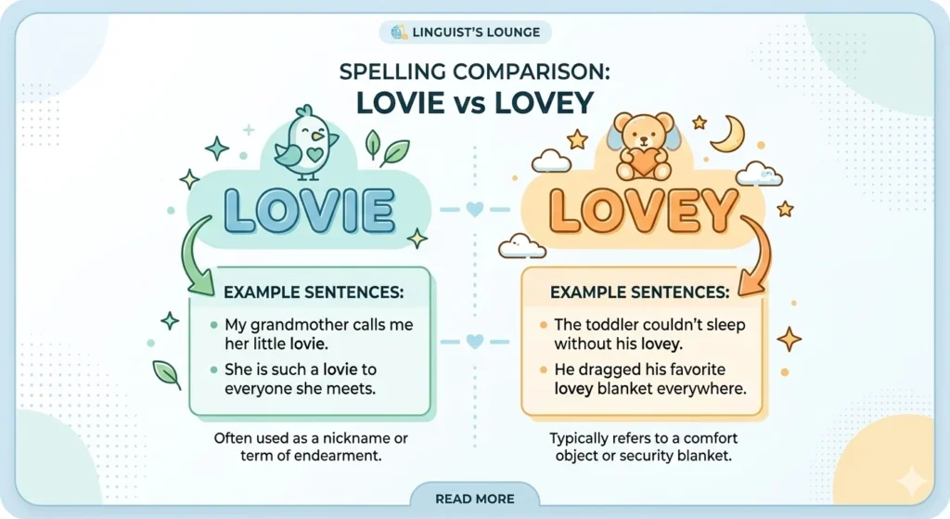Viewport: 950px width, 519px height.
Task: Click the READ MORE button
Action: [x=475, y=499]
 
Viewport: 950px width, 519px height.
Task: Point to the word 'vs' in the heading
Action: [x=475, y=101]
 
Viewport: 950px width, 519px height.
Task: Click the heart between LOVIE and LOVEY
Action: [x=475, y=210]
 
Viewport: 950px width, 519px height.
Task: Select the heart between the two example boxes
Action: [x=475, y=342]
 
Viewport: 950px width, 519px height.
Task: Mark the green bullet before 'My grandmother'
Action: [x=213, y=326]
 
